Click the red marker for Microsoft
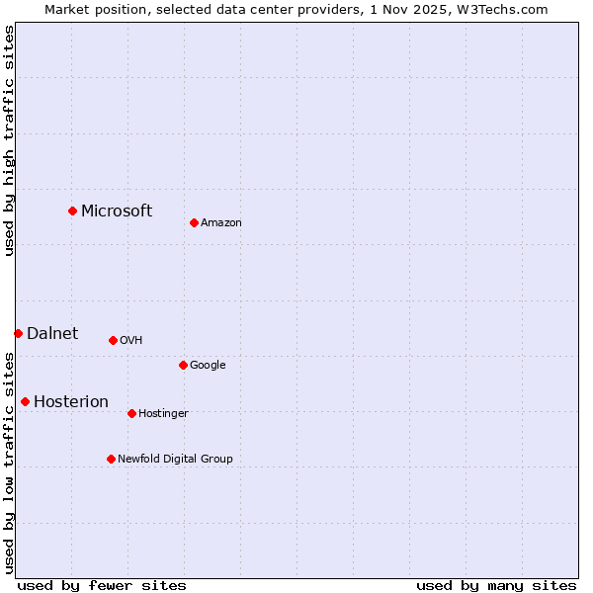(72, 211)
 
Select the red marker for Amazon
(194, 222)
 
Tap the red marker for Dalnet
(18, 333)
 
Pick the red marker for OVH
(113, 340)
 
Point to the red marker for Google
(183, 365)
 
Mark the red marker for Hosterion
(25, 401)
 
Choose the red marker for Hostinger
(131, 413)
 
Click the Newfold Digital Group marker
(111, 459)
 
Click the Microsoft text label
(117, 211)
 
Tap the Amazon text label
(221, 222)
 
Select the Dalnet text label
(52, 333)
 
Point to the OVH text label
(131, 340)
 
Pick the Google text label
(208, 365)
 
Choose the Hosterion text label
(71, 401)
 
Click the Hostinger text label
(163, 413)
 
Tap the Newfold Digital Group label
(175, 459)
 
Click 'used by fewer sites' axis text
(102, 585)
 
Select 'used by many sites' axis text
(496, 585)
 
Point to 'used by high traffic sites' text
(9, 140)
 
